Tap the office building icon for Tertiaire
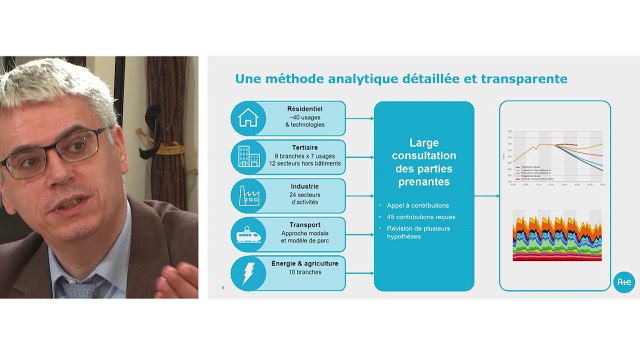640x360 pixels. (x=246, y=156)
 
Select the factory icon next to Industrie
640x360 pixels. (x=246, y=194)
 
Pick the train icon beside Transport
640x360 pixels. (x=246, y=233)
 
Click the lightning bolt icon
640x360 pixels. (x=246, y=271)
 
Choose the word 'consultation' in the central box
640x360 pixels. (x=424, y=157)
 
